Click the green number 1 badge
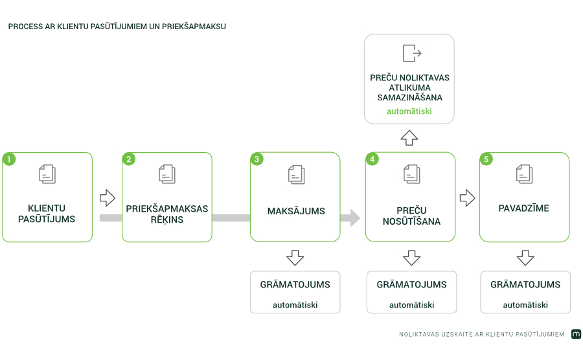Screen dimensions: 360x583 pyautogui.click(x=9, y=159)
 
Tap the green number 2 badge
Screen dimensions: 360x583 pyautogui.click(x=129, y=159)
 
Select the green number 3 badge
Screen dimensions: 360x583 pyautogui.click(x=257, y=159)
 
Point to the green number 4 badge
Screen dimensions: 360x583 pyautogui.click(x=372, y=159)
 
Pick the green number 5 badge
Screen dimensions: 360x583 pyautogui.click(x=486, y=159)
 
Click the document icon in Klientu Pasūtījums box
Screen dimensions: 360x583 pyautogui.click(x=47, y=174)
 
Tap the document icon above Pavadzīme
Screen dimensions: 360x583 pyautogui.click(x=524, y=174)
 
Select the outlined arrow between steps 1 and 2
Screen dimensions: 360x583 pyautogui.click(x=108, y=197)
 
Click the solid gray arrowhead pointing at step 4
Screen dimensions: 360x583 pyautogui.click(x=351, y=218)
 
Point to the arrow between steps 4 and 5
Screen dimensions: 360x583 pyautogui.click(x=467, y=197)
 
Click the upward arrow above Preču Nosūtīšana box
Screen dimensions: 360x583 pyautogui.click(x=409, y=137)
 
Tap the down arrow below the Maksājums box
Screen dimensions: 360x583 pyautogui.click(x=295, y=258)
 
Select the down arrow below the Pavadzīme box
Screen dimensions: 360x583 pyautogui.click(x=525, y=258)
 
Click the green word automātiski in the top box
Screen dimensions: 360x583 pyautogui.click(x=409, y=111)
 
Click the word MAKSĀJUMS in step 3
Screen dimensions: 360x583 pyautogui.click(x=296, y=211)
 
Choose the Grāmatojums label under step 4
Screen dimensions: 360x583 pyautogui.click(x=411, y=285)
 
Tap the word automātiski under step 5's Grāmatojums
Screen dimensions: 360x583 pyautogui.click(x=525, y=305)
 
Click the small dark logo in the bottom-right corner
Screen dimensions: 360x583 pyautogui.click(x=576, y=334)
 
